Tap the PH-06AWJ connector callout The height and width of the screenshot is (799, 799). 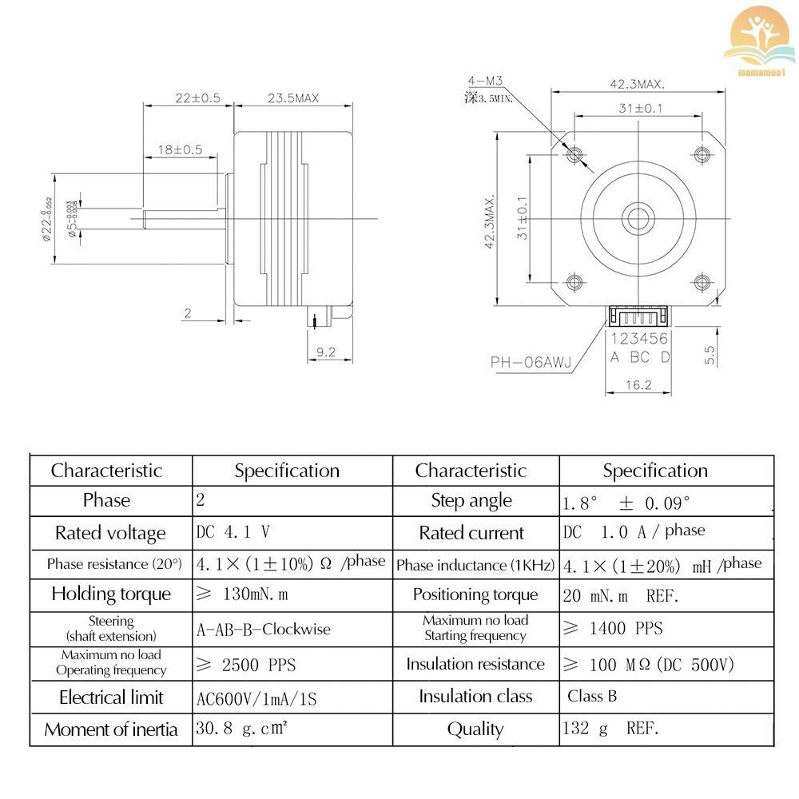pyautogui.click(x=531, y=362)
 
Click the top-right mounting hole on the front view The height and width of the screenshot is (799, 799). pyautogui.click(x=702, y=153)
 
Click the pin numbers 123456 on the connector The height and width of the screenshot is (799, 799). pyautogui.click(x=640, y=340)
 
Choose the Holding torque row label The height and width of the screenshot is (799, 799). pyautogui.click(x=111, y=594)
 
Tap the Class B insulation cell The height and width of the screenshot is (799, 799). pyautogui.click(x=592, y=696)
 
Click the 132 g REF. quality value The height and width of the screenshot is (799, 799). pyautogui.click(x=611, y=728)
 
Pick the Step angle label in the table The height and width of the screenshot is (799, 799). pyautogui.click(x=471, y=501)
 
